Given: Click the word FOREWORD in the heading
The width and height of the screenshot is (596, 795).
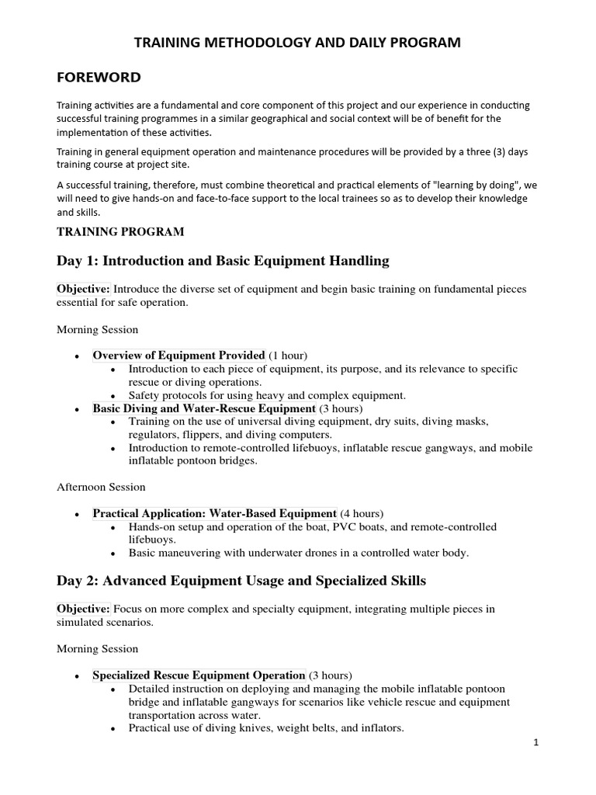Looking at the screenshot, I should [99, 77].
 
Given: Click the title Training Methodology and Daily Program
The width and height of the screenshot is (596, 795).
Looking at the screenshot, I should [298, 43].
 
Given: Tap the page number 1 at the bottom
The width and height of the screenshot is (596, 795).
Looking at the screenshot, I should [535, 742].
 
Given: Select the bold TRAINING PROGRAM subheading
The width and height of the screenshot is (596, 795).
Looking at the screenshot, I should [120, 231].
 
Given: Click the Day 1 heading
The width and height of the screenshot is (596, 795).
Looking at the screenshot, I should [223, 260].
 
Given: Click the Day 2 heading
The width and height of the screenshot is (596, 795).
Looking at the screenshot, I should [241, 580].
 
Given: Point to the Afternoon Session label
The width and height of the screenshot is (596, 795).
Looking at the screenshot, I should [101, 487].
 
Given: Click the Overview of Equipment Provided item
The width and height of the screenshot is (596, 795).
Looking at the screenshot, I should [178, 356].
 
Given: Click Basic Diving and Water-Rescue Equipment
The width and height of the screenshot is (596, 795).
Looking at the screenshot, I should [204, 408].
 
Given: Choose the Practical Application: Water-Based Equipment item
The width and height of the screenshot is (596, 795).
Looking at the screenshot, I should [214, 513].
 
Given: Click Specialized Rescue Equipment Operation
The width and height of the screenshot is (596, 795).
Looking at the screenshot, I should [199, 675].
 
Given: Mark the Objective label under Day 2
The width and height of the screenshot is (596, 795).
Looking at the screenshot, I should [83, 609].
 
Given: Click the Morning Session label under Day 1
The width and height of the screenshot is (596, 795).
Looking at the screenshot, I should [98, 329].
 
